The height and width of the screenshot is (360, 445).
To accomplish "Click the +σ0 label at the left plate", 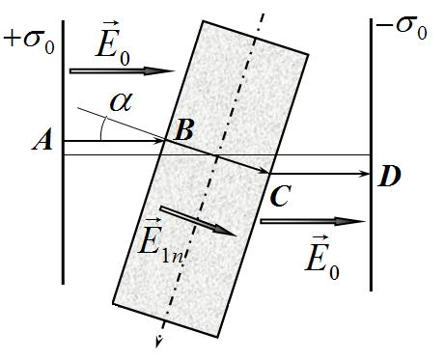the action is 29,42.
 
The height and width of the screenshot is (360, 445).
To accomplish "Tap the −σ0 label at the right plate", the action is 402,28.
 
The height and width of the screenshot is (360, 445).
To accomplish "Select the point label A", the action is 42,142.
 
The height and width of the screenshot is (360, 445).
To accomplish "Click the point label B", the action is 183,131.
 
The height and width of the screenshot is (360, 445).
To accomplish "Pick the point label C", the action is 280,196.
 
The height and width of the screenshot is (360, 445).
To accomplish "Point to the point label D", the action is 390,177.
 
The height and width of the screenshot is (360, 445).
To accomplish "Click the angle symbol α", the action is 121,102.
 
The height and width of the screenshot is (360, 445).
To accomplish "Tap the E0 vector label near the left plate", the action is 113,44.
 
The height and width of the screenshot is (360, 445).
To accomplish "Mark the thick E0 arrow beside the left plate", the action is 123,71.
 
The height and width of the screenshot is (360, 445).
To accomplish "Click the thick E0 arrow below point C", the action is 313,221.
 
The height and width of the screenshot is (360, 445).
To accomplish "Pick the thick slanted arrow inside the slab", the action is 198,221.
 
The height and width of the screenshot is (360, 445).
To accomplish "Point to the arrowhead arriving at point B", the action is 160,141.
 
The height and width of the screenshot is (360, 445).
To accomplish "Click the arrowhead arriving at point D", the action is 365,174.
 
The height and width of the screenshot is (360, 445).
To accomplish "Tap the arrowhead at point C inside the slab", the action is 264,170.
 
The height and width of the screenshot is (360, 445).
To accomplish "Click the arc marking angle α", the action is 102,128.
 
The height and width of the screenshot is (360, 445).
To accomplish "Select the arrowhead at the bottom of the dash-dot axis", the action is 158,342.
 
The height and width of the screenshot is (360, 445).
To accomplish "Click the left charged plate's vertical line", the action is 63,152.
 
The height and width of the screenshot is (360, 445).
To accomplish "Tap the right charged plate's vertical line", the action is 372,154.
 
